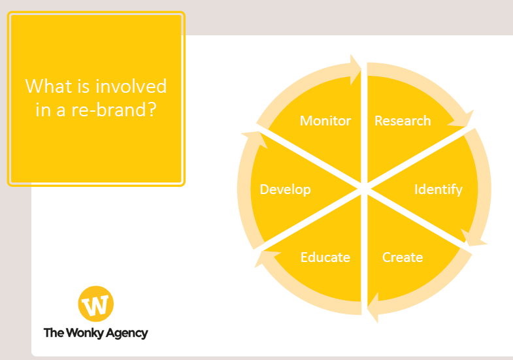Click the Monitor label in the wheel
pyautogui.click(x=325, y=121)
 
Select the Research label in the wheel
pyautogui.click(x=403, y=121)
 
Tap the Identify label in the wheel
pyautogui.click(x=439, y=189)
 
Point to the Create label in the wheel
pyautogui.click(x=403, y=257)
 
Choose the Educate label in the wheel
pyautogui.click(x=325, y=257)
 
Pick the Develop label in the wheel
pyautogui.click(x=286, y=189)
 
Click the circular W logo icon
pyautogui.click(x=96, y=304)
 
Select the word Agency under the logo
pyautogui.click(x=127, y=333)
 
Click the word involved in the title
pyautogui.click(x=131, y=86)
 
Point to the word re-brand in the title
pyautogui.click(x=110, y=110)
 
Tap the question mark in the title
pyautogui.click(x=152, y=110)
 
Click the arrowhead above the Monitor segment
pyautogui.click(x=356, y=70)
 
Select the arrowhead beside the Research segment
pyautogui.click(x=463, y=120)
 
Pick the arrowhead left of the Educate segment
pyautogui.click(x=266, y=257)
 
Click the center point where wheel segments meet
pyautogui.click(x=364, y=189)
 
